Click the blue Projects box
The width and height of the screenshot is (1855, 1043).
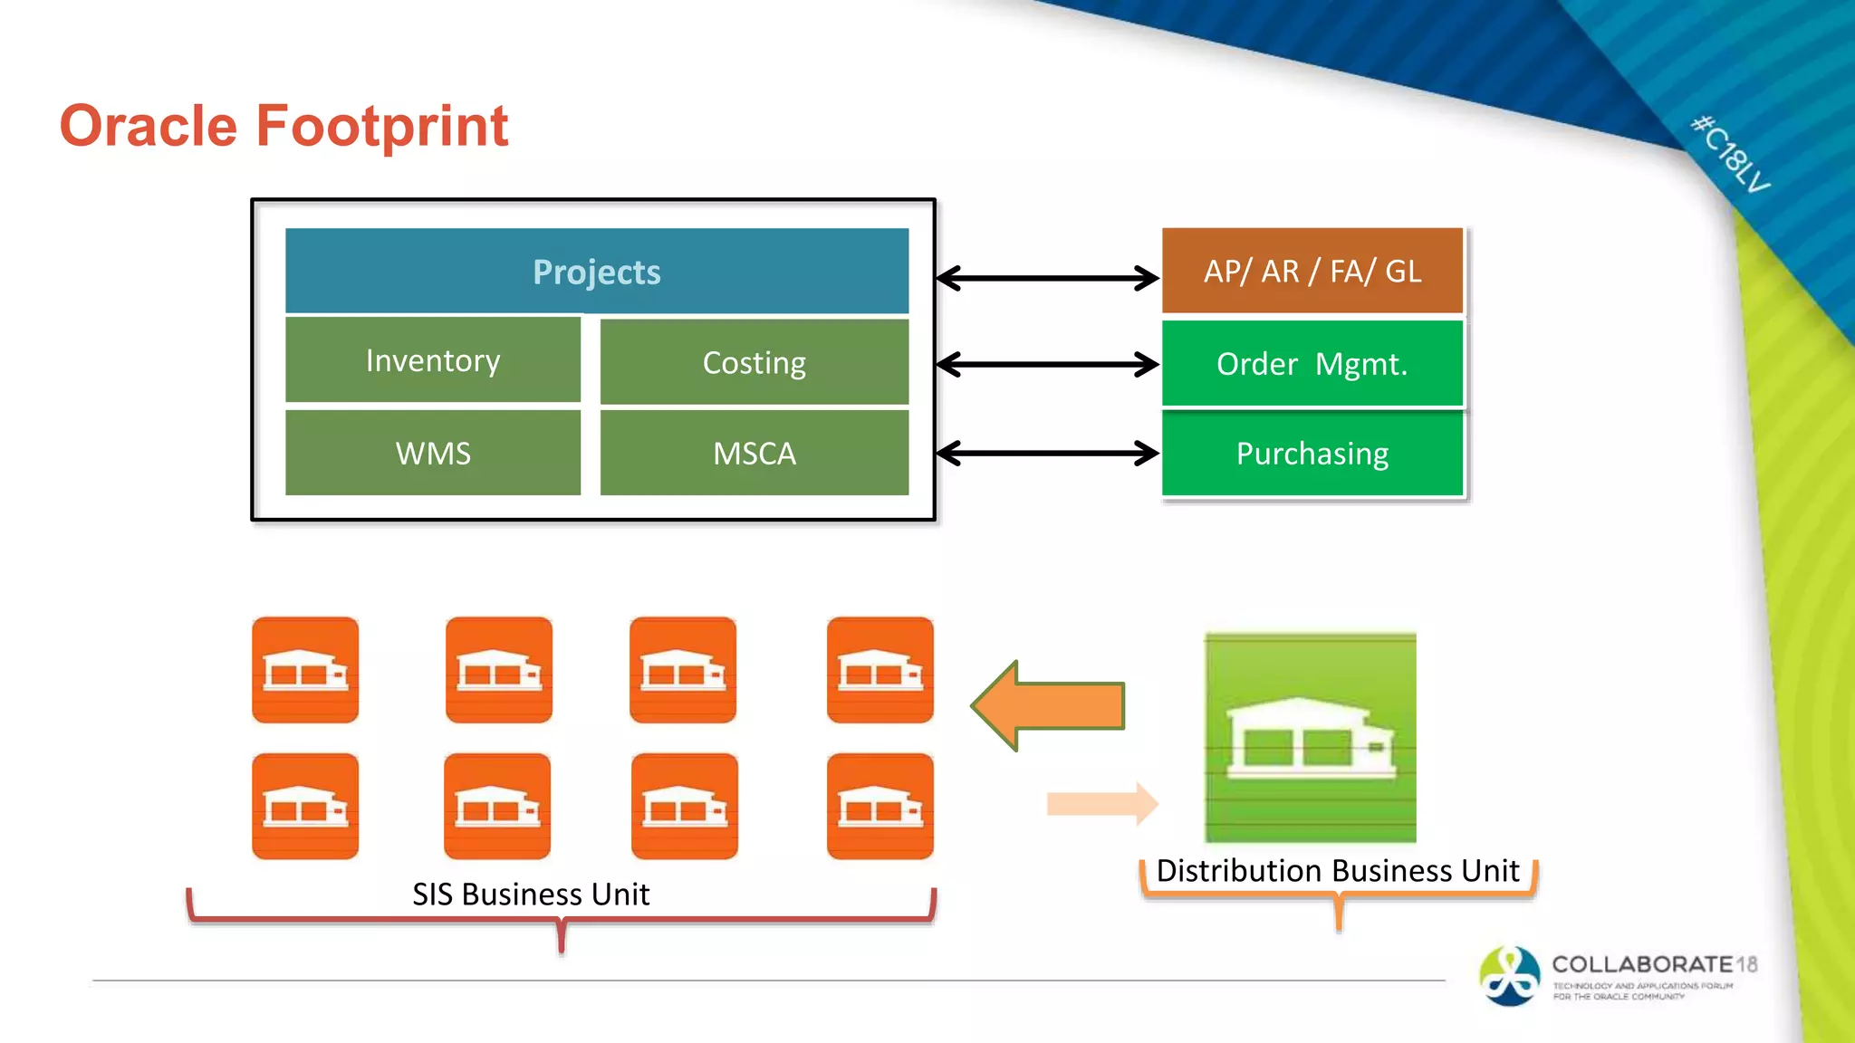[596, 272]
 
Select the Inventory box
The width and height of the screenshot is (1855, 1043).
[432, 360]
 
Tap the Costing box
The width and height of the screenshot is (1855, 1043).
[754, 362]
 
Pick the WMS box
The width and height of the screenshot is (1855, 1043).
[432, 453]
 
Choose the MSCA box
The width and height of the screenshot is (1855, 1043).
[754, 453]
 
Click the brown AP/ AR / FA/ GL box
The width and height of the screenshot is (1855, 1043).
[1312, 271]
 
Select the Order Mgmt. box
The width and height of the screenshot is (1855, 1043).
[1312, 364]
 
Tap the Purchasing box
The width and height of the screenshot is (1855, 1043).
[1312, 453]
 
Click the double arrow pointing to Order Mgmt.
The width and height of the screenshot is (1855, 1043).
[1047, 365]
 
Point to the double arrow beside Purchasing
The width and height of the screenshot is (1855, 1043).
[1047, 453]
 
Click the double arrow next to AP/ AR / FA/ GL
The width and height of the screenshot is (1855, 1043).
[1047, 278]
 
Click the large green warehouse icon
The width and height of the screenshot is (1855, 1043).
[1310, 738]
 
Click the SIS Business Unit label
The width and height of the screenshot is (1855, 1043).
[531, 895]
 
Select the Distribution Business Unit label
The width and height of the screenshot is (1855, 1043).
[1338, 871]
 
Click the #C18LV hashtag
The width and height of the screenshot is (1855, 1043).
[1730, 154]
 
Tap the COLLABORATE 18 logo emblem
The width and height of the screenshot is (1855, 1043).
[1509, 976]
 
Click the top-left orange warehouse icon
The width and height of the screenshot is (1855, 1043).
[305, 670]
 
